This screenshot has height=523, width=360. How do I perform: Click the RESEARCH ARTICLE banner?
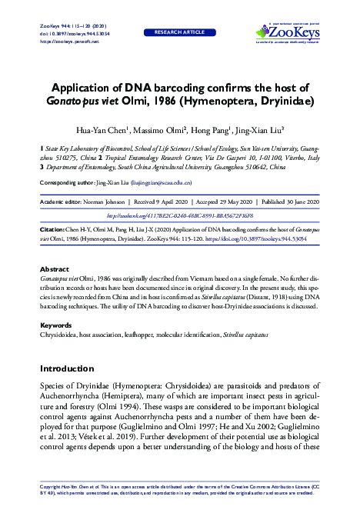(179, 33)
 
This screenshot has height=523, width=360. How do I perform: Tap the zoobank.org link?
(179, 217)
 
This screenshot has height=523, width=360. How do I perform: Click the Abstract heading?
(54, 268)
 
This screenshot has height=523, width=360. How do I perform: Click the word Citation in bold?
(54, 230)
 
